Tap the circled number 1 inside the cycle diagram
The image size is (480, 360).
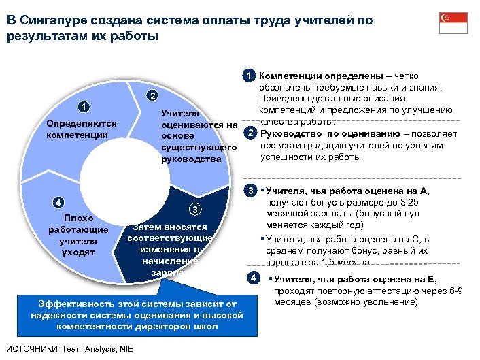(82, 107)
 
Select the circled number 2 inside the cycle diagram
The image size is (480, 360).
(153, 95)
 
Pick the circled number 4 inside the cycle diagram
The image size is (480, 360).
(59, 202)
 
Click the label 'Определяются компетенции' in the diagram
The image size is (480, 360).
(81, 129)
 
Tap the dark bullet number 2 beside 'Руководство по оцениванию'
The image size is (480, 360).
(251, 132)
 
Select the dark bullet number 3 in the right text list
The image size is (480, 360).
(251, 191)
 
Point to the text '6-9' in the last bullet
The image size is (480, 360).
(455, 291)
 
